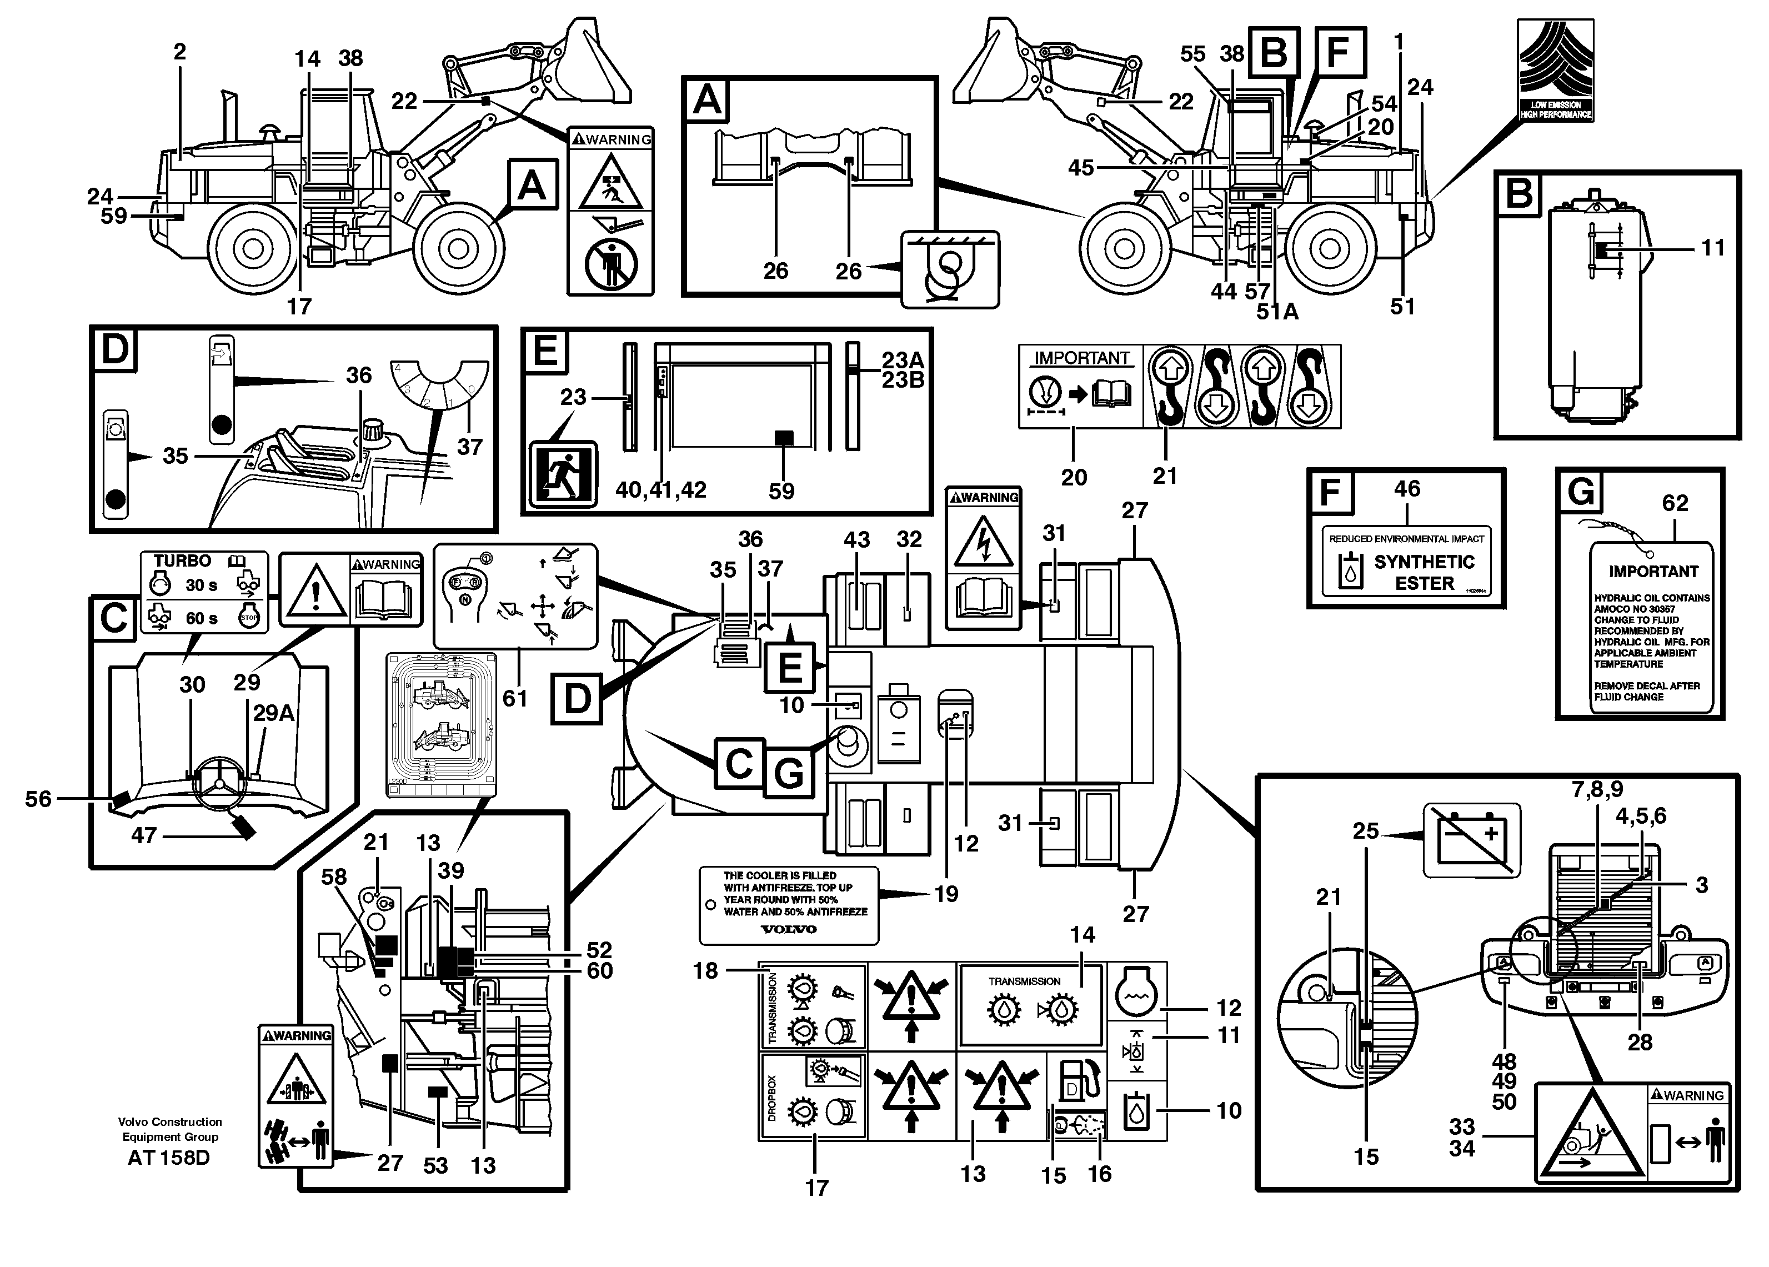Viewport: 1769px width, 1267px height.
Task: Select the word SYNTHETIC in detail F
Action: [1424, 562]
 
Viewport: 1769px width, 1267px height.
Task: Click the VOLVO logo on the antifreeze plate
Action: [789, 929]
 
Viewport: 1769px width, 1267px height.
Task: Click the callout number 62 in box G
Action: [1675, 503]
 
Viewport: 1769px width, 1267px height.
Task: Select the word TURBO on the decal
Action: [182, 561]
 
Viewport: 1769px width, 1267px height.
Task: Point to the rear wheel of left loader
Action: [252, 248]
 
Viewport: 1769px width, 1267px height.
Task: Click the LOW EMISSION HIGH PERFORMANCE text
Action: [1555, 109]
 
